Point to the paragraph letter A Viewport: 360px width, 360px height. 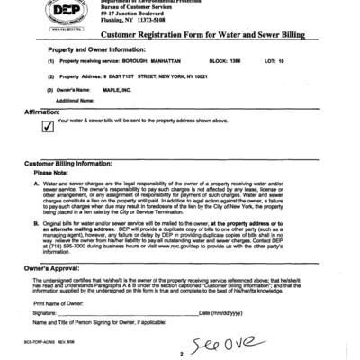pos(35,183)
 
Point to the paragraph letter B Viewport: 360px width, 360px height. pos(35,220)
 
